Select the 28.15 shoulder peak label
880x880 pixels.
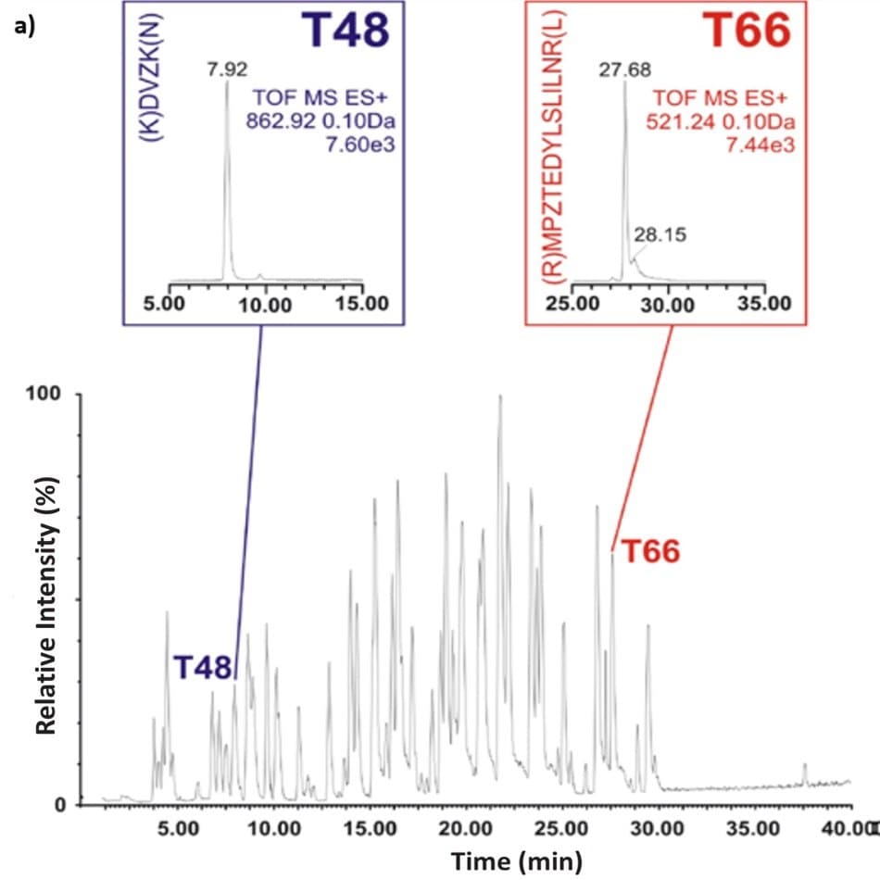[660, 235]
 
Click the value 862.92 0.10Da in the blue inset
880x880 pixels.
[320, 119]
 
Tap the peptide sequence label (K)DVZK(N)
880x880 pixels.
[145, 83]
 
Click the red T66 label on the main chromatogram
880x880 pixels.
[650, 552]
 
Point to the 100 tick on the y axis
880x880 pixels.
[43, 395]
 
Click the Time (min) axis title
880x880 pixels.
[516, 861]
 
